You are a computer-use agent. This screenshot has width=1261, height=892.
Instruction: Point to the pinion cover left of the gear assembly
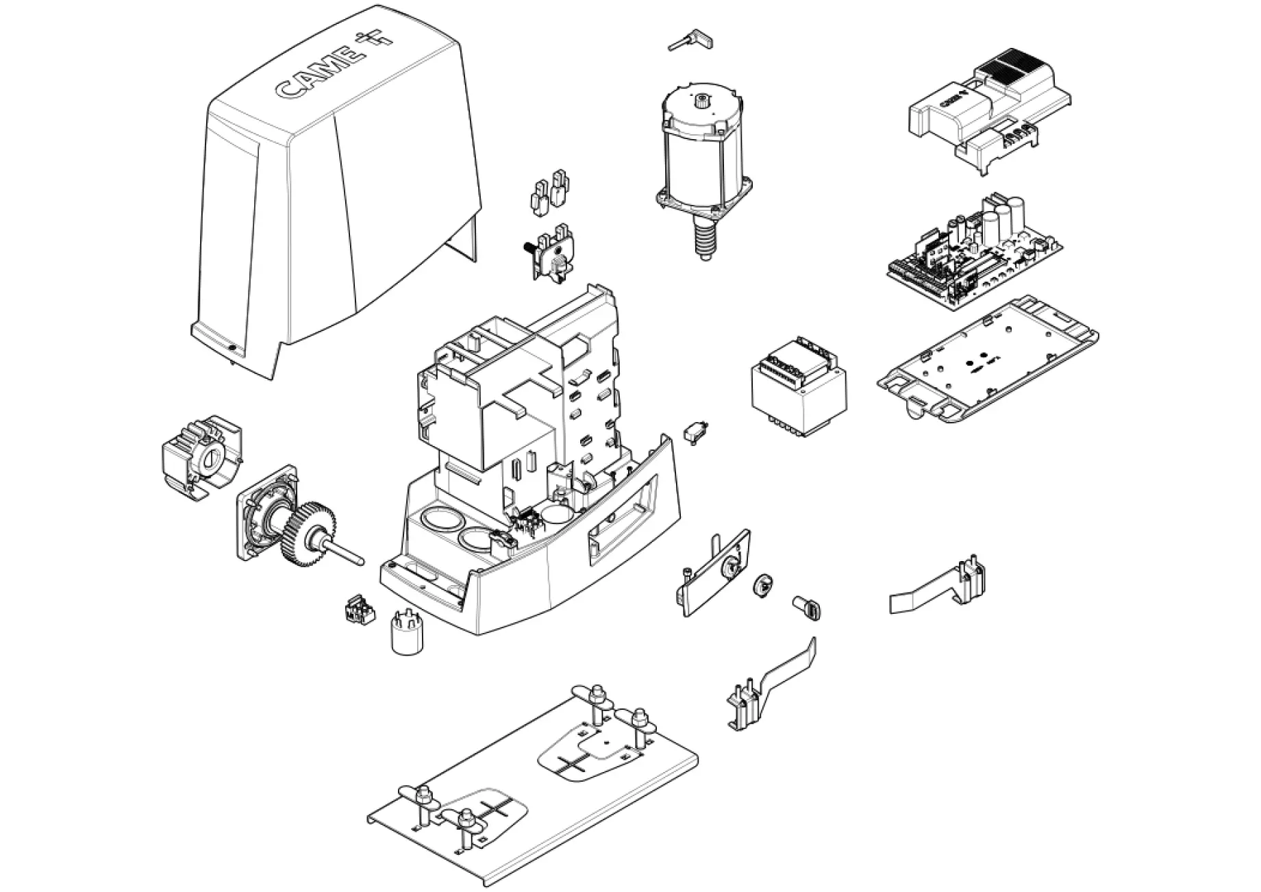[199, 456]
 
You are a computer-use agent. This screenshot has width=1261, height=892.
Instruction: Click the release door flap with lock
[716, 572]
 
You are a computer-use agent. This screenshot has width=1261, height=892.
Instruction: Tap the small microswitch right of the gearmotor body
[697, 434]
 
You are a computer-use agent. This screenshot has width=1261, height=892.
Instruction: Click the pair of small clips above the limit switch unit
[550, 190]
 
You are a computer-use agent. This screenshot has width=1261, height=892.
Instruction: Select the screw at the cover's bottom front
[233, 348]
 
